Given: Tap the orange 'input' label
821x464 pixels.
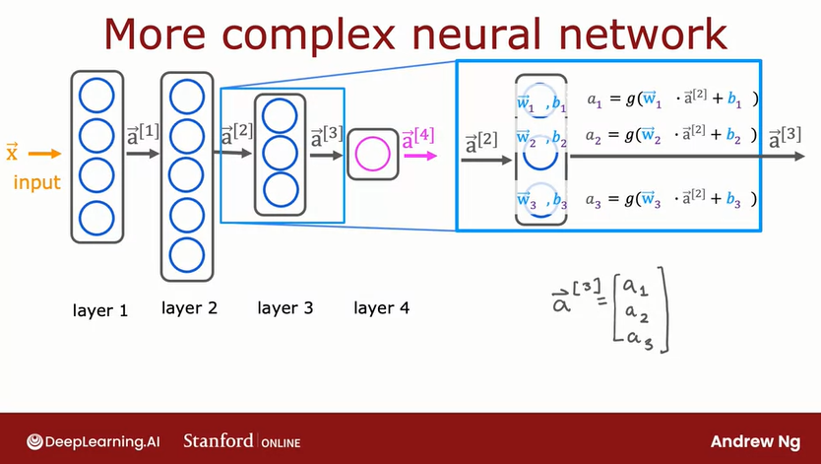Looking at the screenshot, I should tap(37, 182).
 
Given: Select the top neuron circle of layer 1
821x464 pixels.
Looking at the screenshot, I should tap(96, 98).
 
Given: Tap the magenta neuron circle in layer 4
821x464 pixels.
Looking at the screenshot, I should tap(372, 154).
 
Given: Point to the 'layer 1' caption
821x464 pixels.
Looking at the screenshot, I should tap(100, 310).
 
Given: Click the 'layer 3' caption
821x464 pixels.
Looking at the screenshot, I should tap(285, 308).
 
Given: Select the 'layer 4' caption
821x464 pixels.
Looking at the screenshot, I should tap(381, 308).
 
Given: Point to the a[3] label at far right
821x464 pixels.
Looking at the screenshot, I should tap(786, 135).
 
